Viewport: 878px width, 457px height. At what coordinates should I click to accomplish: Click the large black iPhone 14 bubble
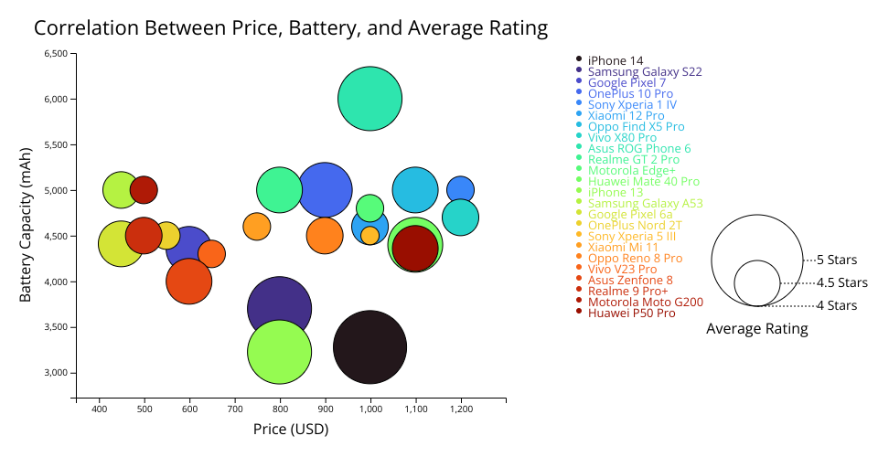pyautogui.click(x=369, y=347)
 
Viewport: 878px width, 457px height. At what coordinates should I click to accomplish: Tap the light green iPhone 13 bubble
pyautogui.click(x=279, y=351)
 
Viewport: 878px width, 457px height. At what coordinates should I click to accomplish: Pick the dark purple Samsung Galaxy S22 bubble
pyautogui.click(x=279, y=309)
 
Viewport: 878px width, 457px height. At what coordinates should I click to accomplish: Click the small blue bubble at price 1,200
pyautogui.click(x=460, y=190)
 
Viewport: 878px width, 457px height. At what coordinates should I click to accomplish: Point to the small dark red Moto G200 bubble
pyautogui.click(x=144, y=189)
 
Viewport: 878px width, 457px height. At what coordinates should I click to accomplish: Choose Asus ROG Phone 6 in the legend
pyautogui.click(x=639, y=148)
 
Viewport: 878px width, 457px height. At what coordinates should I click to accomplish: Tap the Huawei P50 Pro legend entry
pyautogui.click(x=631, y=313)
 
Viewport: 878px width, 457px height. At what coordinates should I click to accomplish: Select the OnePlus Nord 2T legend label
pyautogui.click(x=635, y=225)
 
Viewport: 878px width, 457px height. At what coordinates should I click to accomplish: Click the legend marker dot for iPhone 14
pyautogui.click(x=579, y=60)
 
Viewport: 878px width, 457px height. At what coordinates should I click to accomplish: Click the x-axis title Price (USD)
pyautogui.click(x=290, y=429)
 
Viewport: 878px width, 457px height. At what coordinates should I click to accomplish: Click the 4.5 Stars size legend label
pyautogui.click(x=841, y=283)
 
